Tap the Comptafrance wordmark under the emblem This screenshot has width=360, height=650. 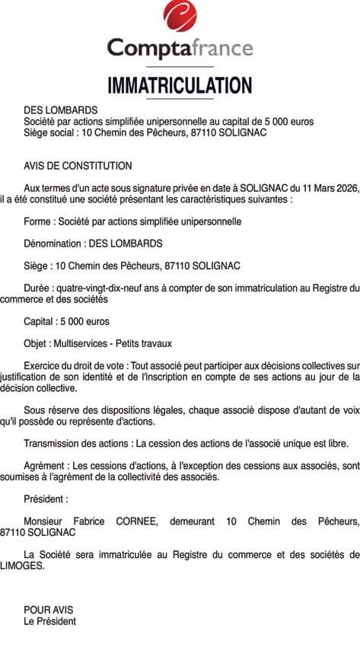click(180, 49)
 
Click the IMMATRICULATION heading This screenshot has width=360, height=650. click(180, 85)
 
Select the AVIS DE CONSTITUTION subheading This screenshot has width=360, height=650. click(78, 166)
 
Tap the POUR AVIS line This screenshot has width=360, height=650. click(48, 610)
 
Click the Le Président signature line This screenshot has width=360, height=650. click(49, 621)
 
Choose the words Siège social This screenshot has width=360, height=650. click(51, 132)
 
